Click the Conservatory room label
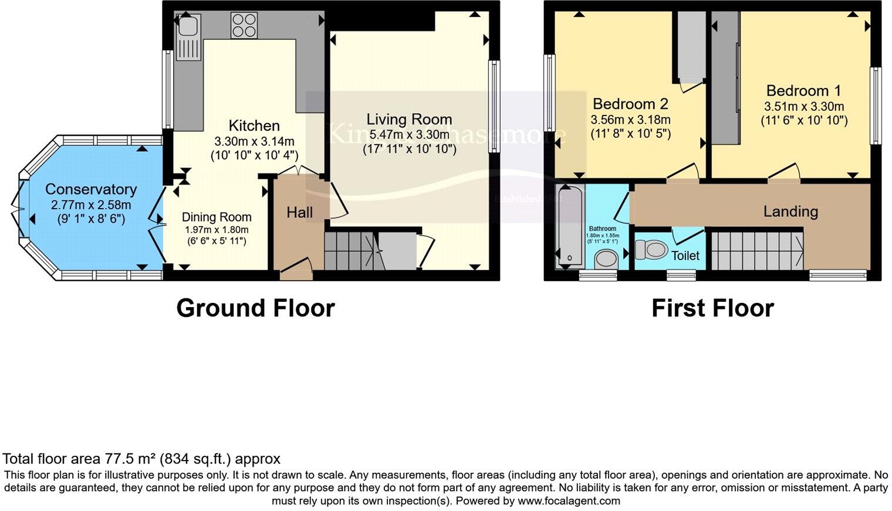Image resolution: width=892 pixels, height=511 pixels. point(91,189)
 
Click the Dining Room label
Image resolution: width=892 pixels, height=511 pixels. point(216,217)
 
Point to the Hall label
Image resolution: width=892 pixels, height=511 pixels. point(299,212)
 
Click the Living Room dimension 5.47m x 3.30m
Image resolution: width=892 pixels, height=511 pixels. point(409,134)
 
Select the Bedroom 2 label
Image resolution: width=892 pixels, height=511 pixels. point(630,104)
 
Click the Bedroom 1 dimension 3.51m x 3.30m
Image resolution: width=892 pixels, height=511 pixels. point(803,106)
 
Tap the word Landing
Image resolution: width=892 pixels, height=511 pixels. point(790,211)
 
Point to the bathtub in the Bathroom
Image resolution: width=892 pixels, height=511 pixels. point(569,226)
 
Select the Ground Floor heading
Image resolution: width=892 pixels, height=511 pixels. point(255,308)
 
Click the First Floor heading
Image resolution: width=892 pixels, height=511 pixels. point(712,308)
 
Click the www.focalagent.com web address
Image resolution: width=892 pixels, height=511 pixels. point(569,501)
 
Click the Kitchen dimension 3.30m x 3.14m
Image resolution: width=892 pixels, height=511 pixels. point(255,141)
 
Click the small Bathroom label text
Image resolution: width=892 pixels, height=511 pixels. point(603,229)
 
